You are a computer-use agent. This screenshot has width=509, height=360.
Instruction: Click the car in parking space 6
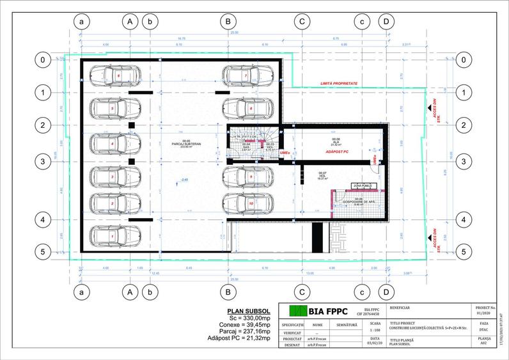click(113, 75)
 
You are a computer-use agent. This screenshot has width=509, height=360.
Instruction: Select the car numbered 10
click(246, 203)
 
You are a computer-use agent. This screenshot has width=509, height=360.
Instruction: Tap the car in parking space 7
click(246, 75)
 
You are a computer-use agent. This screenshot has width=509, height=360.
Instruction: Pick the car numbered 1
click(113, 237)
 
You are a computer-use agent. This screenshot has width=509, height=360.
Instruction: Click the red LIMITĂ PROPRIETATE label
click(339, 84)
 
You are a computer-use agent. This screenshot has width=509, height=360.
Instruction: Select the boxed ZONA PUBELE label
click(362, 185)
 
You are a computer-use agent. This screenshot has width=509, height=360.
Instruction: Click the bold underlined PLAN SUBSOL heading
click(246, 309)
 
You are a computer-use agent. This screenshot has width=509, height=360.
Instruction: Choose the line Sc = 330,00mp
click(246, 317)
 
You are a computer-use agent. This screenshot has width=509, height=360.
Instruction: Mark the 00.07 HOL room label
click(322, 175)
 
